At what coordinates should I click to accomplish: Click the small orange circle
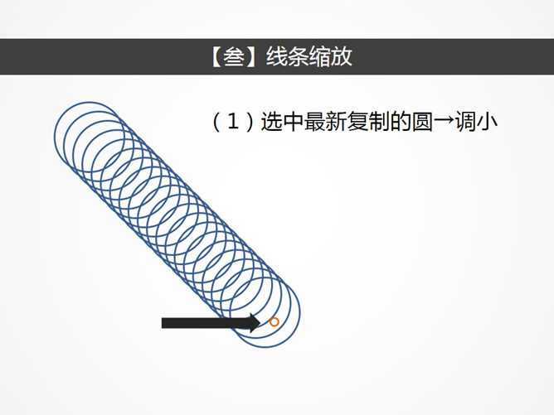(x=275, y=322)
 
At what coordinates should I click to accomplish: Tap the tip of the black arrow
(x=261, y=322)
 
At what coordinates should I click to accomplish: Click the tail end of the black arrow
(x=162, y=323)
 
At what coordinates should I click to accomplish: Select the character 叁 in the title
(x=234, y=56)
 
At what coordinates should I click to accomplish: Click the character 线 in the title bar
(x=277, y=56)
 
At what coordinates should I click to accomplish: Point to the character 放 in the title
(x=342, y=56)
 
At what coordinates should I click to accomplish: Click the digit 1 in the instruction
(x=232, y=122)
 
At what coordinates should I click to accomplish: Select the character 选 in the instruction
(x=271, y=122)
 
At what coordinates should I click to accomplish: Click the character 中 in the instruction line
(x=293, y=122)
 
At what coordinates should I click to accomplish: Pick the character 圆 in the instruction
(x=423, y=122)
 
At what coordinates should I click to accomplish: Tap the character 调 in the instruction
(x=465, y=122)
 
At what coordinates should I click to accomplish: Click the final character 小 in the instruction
(x=487, y=122)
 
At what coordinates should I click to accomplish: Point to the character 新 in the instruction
(x=336, y=122)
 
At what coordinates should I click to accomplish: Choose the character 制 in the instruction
(x=379, y=122)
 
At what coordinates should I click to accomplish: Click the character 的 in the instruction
(x=401, y=122)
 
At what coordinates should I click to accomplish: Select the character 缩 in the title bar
(x=320, y=56)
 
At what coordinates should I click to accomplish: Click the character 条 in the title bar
(x=299, y=56)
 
